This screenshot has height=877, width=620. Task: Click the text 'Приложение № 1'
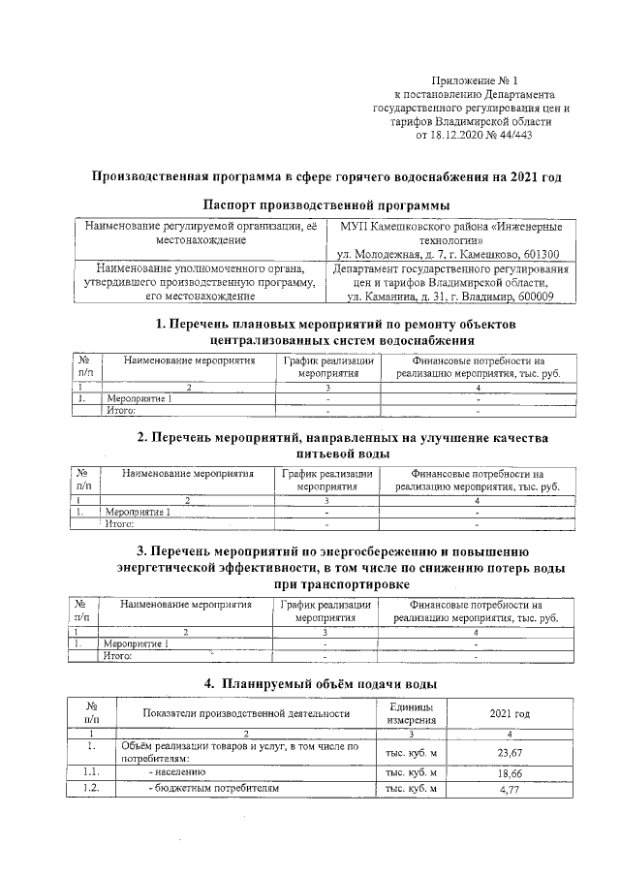[x=476, y=80]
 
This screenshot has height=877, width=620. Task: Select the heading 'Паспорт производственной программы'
[x=327, y=204]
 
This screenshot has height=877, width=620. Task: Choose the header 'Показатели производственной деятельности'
[x=245, y=713]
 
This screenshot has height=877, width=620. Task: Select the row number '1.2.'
[x=89, y=790]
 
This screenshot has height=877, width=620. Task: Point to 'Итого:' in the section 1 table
[x=118, y=410]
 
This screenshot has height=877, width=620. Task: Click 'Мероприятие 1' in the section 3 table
[x=137, y=642]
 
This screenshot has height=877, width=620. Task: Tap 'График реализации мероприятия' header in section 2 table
[x=327, y=480]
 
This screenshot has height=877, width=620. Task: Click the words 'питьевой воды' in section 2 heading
[x=327, y=454]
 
